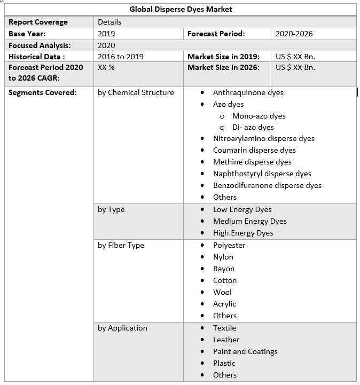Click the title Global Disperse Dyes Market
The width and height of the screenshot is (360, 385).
coord(181,9)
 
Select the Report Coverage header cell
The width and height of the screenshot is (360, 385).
coord(38,22)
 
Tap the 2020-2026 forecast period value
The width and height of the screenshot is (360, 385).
coord(294,34)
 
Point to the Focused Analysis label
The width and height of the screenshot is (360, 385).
coord(40,45)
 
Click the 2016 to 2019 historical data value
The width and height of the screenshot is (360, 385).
coord(120,57)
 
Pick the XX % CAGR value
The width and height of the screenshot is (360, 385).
coord(106,67)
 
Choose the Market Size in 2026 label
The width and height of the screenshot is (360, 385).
coord(223,67)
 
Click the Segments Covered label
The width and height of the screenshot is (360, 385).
coord(42,92)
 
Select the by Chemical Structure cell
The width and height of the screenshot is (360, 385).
coord(136,92)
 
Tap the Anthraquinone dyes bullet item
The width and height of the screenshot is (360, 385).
coord(248,92)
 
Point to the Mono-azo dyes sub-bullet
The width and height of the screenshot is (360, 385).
coord(259,116)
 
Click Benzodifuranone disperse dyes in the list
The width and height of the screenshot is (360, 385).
coord(267,185)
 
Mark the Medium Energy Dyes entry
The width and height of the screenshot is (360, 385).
coord(249,221)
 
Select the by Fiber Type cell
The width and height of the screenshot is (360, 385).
coord(121,245)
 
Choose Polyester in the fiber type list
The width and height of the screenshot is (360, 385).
coord(229,245)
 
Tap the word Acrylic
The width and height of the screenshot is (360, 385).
coord(224,304)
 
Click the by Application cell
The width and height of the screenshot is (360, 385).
coord(122,328)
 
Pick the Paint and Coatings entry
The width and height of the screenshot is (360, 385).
coord(245,351)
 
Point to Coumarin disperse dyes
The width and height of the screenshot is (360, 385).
coord(254,150)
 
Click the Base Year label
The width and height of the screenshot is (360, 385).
coord(27,34)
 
